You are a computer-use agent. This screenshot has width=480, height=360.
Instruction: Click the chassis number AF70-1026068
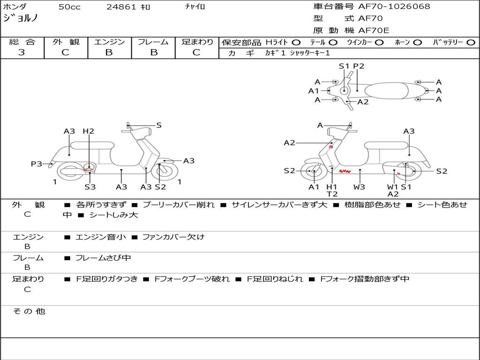click(394, 7)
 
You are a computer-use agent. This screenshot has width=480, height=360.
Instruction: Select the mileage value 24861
click(121, 7)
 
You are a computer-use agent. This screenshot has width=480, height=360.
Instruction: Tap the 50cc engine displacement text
click(69, 7)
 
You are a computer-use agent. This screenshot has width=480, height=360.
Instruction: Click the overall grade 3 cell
click(22, 52)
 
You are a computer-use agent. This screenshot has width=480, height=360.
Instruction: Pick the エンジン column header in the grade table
click(109, 42)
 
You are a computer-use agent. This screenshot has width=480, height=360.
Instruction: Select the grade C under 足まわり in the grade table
click(196, 52)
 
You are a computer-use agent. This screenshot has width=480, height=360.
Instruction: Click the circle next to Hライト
click(296, 42)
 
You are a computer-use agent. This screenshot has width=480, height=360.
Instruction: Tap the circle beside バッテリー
click(471, 42)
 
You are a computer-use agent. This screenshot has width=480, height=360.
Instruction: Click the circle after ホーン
click(417, 42)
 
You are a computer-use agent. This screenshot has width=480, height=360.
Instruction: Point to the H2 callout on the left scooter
click(89, 131)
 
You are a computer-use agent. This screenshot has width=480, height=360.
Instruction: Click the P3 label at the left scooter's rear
click(37, 164)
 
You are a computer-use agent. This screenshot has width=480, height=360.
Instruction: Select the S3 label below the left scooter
click(90, 187)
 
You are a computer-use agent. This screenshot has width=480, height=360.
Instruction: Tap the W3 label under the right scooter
click(360, 187)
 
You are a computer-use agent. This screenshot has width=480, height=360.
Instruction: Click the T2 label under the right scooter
click(332, 194)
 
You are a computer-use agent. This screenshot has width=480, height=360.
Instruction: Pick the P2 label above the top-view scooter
click(359, 66)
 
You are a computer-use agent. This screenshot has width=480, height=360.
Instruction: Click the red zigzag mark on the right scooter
click(345, 172)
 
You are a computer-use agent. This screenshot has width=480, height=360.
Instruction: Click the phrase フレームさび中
click(103, 258)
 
